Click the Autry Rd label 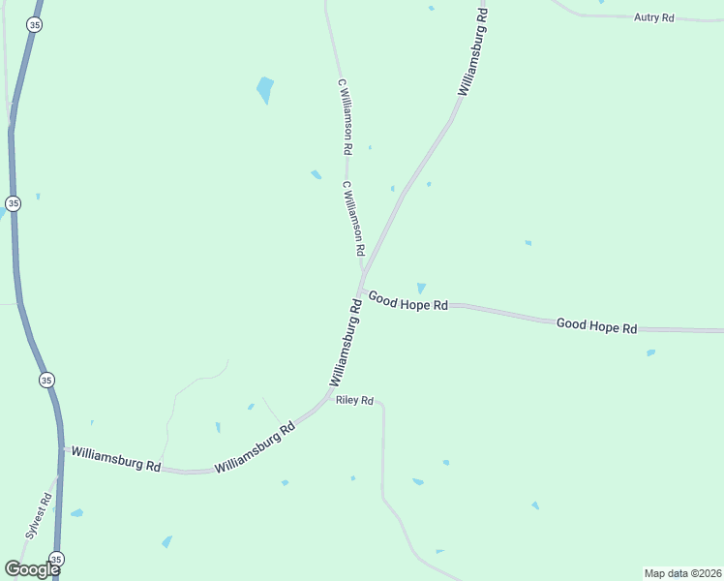click(653, 17)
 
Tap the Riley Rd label click(354, 400)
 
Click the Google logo click(31, 568)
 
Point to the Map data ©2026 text click(682, 573)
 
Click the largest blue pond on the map click(264, 89)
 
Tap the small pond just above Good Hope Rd click(420, 288)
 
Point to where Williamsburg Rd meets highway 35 click(63, 450)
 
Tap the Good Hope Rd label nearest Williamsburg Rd click(407, 303)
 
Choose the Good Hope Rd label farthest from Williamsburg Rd click(596, 326)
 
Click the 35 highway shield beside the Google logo click(56, 559)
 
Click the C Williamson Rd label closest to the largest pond click(344, 117)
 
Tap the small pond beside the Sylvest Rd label click(76, 512)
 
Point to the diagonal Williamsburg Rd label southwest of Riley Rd click(255, 446)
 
